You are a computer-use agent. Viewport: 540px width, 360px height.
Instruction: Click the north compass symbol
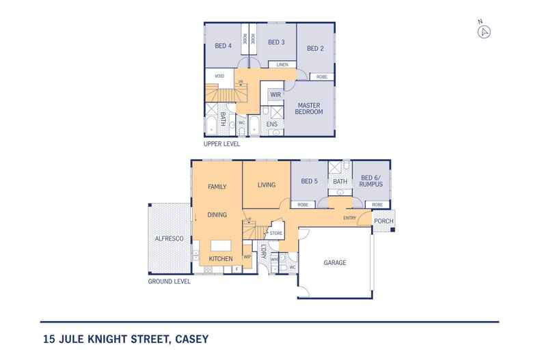coord(485,31)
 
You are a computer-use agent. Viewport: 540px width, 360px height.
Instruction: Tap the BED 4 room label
coord(223,46)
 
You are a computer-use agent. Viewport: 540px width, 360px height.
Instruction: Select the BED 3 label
coord(276,42)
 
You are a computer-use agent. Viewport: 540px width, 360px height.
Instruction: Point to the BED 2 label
coord(314,49)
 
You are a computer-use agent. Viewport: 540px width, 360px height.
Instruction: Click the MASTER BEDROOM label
coord(309,109)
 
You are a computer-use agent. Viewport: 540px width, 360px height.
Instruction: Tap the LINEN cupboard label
coord(282,65)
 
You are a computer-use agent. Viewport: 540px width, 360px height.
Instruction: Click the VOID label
coord(219,76)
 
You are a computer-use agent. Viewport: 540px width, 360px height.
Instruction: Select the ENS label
coord(271,124)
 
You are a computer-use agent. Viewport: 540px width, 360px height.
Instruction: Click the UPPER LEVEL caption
coord(221,145)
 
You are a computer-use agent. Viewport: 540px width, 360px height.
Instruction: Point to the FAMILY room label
coord(217,186)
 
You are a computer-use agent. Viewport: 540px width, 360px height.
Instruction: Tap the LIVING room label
coord(267,184)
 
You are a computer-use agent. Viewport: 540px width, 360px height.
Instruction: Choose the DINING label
coord(217,214)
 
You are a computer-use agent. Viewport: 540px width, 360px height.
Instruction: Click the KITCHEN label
coord(221,259)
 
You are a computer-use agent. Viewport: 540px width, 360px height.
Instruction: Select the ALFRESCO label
coord(167,239)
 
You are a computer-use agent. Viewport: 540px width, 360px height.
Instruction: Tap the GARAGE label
coord(335,262)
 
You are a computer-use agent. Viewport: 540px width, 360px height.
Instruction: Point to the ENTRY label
coord(349,218)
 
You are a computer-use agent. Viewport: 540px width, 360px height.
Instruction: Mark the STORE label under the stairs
coord(275,234)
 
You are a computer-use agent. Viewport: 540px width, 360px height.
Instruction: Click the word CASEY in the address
coord(191,338)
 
